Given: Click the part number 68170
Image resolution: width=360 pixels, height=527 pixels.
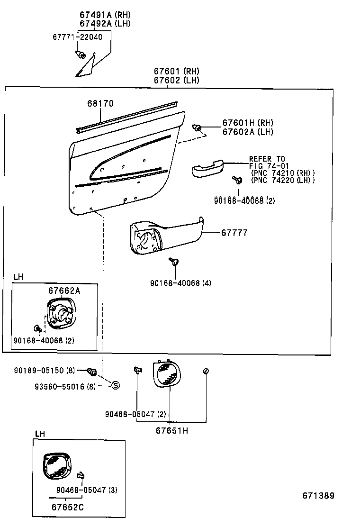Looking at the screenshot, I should (x=100, y=103).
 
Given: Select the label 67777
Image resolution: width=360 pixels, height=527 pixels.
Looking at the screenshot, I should (x=234, y=233).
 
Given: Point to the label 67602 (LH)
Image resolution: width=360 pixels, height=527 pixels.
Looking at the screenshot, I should (x=176, y=80).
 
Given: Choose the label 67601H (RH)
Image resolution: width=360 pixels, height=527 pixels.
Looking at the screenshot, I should (x=248, y=123).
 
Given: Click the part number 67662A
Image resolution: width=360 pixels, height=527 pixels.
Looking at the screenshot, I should (x=64, y=291).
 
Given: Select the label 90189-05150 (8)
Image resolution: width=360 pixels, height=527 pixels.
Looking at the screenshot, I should (x=44, y=370).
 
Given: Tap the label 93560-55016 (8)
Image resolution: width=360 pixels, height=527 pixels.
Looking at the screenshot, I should (x=66, y=387).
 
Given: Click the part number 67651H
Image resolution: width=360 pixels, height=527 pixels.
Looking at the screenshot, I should (x=172, y=430).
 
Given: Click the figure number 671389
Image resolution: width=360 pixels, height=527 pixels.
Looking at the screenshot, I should (x=318, y=496).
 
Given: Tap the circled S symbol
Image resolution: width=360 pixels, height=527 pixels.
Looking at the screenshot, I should (x=115, y=386).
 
